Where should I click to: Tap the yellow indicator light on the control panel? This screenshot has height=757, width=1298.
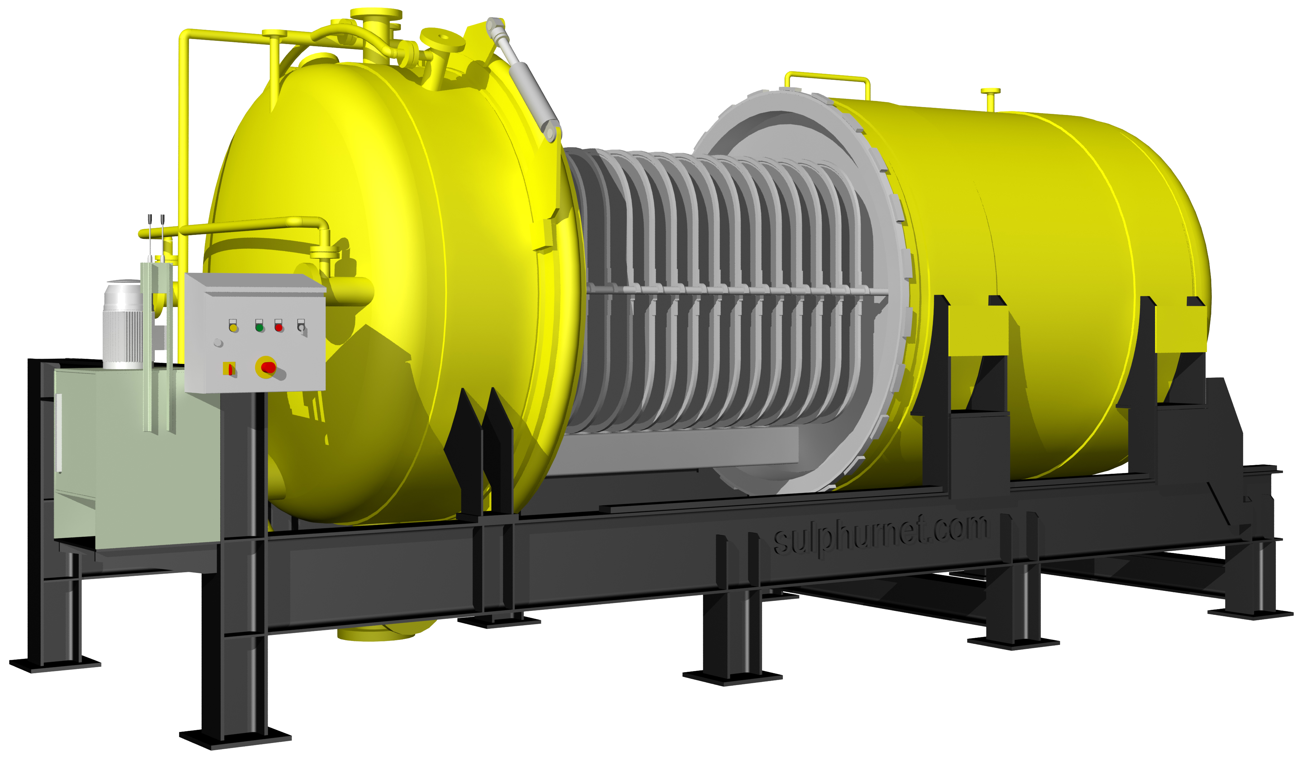[x=233, y=328]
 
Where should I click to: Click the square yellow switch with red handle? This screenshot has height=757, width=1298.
[x=229, y=369]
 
